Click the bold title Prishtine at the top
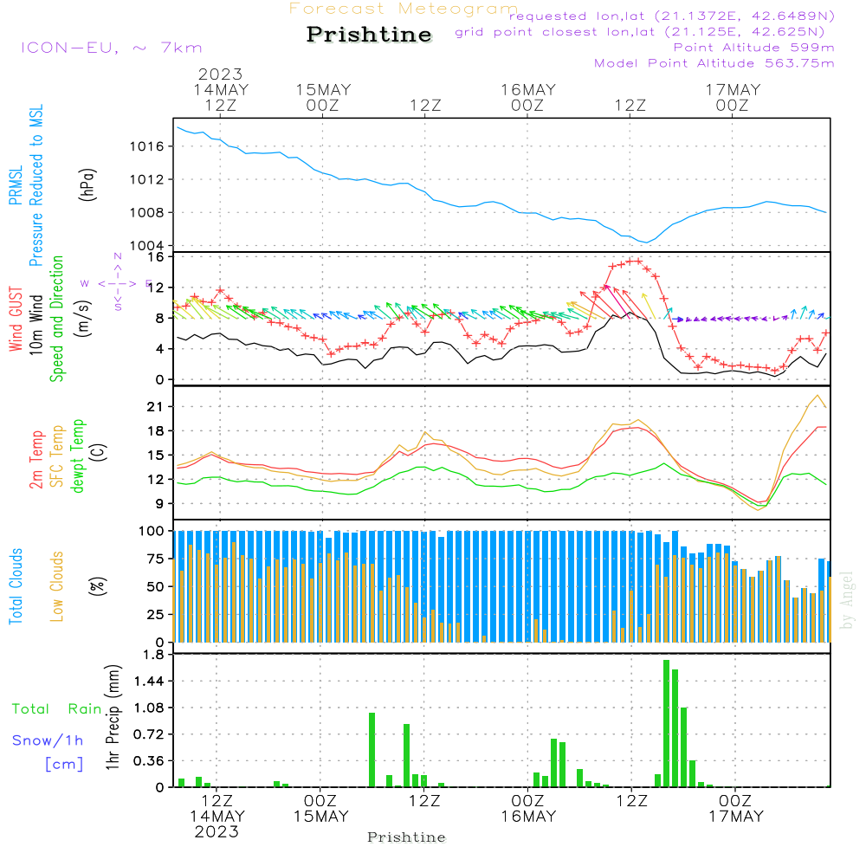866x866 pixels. coord(369,35)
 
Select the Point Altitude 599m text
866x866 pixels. coord(753,48)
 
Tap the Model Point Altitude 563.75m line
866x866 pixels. coord(714,63)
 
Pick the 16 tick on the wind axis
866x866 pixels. coord(156,257)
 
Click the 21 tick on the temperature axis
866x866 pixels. coord(156,406)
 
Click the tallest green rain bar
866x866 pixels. coord(666,723)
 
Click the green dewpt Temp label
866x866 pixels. coord(78,456)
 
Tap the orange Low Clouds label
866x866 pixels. coord(57,585)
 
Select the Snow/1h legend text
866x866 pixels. coord(48,740)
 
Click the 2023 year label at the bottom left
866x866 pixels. coord(216,832)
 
